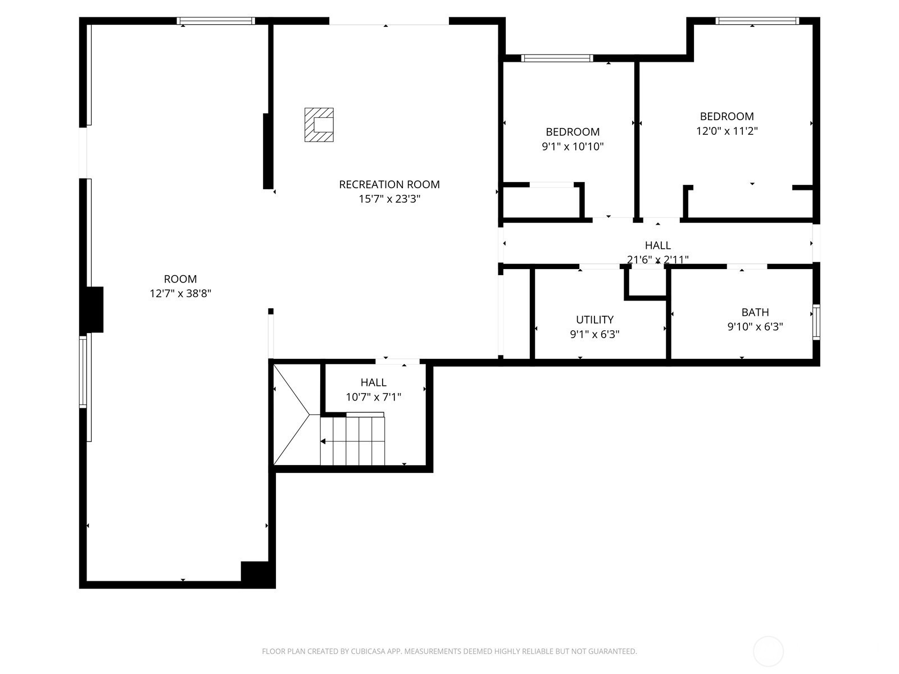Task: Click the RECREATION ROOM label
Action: click(x=389, y=185)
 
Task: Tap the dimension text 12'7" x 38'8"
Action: click(x=180, y=293)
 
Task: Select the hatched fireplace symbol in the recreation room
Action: click(x=319, y=125)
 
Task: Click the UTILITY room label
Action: click(x=594, y=320)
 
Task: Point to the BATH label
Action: click(x=755, y=312)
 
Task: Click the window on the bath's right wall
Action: click(x=816, y=322)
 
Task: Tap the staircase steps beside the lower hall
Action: click(x=352, y=440)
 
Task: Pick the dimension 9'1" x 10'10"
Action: click(x=573, y=147)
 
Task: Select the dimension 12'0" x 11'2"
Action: click(x=727, y=131)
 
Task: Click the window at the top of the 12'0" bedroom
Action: click(x=757, y=21)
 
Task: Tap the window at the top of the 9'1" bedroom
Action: click(x=557, y=58)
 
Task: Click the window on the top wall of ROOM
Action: click(x=216, y=21)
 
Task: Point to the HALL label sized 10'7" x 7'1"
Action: click(x=373, y=382)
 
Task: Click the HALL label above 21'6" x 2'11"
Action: click(x=658, y=245)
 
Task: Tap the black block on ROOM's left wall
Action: click(x=94, y=309)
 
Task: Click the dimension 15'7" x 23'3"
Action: click(x=389, y=199)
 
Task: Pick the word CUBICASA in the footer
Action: click(x=368, y=651)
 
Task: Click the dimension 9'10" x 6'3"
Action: click(x=755, y=326)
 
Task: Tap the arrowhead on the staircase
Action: click(x=323, y=441)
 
